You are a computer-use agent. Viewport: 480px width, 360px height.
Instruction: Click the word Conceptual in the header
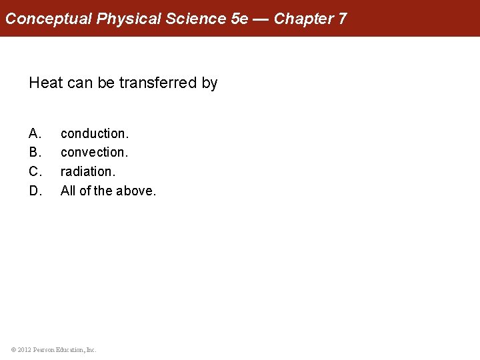49,19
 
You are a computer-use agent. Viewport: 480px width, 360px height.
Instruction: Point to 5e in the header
239,19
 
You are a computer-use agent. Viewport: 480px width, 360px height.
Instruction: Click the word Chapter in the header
303,19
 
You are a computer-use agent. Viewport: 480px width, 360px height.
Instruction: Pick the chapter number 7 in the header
342,19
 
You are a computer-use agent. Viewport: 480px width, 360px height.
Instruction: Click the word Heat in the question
46,83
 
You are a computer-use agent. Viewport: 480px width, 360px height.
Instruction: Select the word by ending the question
210,83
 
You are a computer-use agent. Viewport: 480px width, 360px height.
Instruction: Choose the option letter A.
35,133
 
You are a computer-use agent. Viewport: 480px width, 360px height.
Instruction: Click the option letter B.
35,153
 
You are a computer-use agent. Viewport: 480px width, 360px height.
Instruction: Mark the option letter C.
35,172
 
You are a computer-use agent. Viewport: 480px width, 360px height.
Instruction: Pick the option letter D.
35,191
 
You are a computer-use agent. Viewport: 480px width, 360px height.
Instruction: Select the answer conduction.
94,133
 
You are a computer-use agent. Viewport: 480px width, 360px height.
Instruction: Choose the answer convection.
94,153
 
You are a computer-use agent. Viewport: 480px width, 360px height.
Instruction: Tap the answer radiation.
87,172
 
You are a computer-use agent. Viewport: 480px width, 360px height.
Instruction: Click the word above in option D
136,191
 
